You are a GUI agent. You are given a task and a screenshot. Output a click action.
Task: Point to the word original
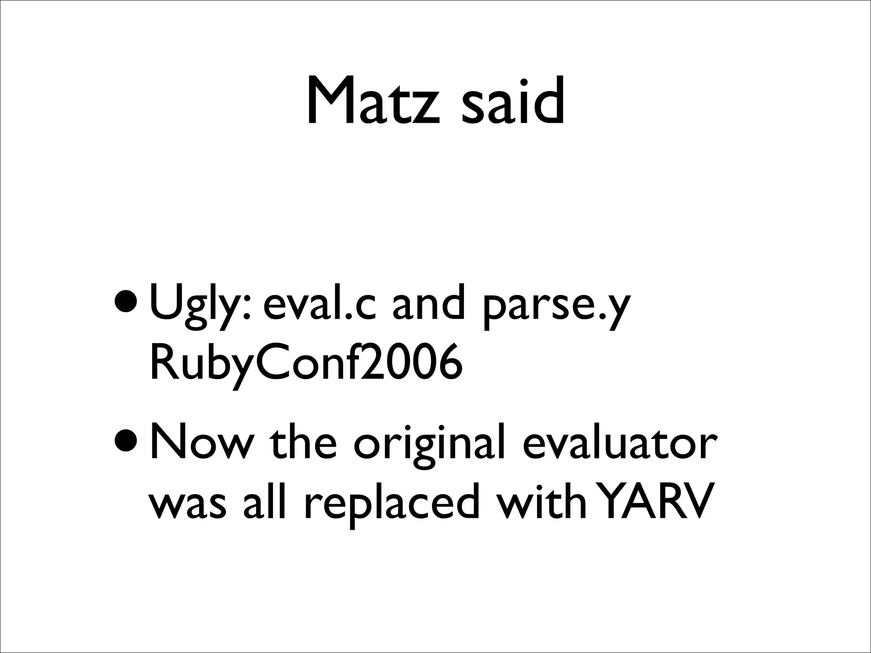pos(430,448)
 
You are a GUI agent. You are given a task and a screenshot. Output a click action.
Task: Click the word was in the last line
pos(187,504)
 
